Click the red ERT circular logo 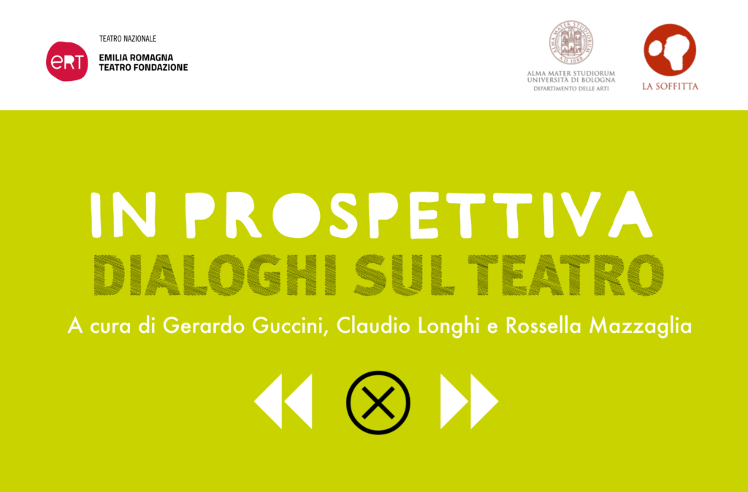click(66, 61)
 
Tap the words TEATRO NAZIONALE click(127, 39)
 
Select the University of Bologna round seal click(571, 43)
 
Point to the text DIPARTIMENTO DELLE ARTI click(571, 88)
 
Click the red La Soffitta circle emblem click(670, 50)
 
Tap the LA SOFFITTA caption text click(670, 86)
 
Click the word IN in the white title click(123, 215)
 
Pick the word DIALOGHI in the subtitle click(215, 275)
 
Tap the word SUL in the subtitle click(404, 275)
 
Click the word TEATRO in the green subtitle click(566, 275)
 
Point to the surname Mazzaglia click(641, 326)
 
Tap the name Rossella click(543, 326)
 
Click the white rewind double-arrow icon click(283, 401)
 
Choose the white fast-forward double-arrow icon click(470, 401)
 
